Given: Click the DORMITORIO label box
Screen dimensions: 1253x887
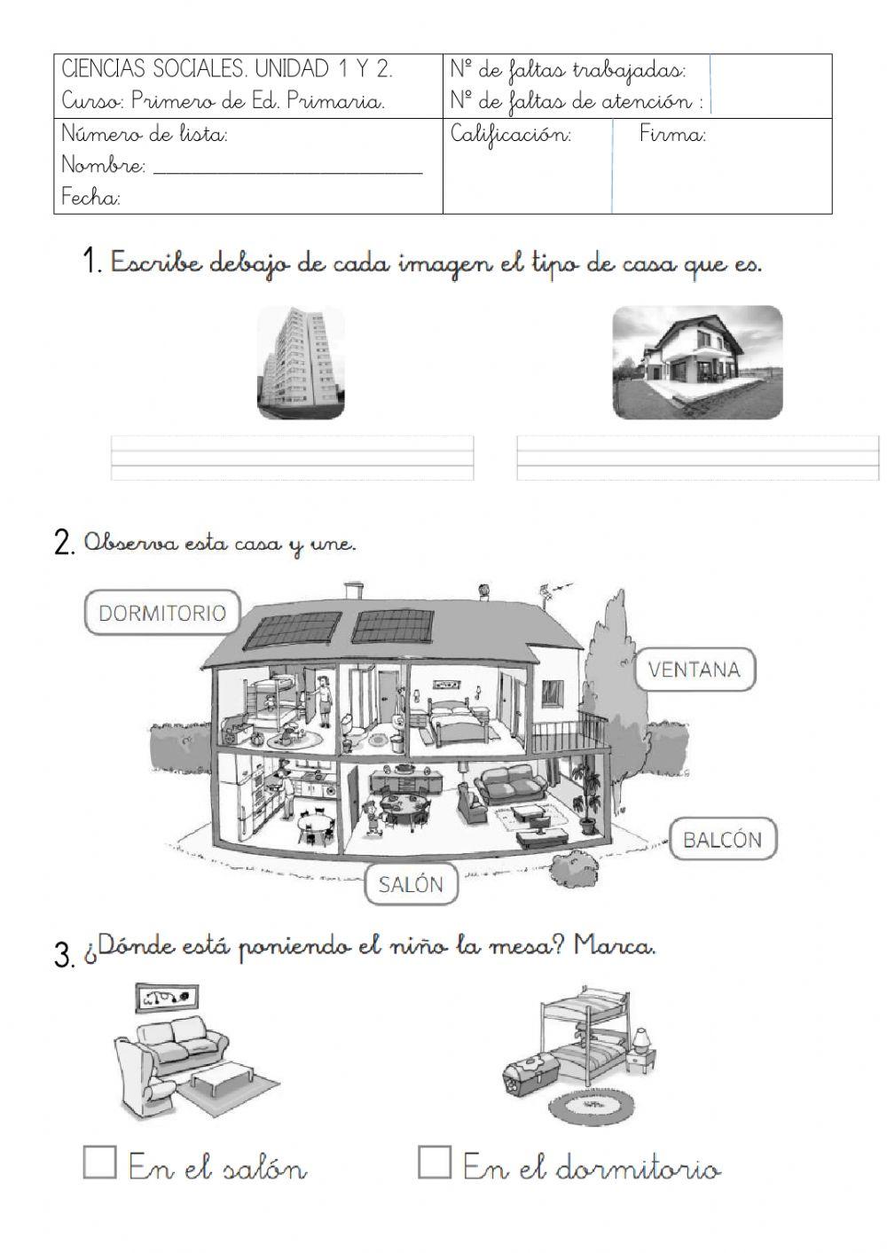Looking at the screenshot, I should [162, 613].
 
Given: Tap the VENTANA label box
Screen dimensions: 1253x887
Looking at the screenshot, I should [695, 669].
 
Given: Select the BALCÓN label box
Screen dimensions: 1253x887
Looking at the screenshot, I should [722, 839].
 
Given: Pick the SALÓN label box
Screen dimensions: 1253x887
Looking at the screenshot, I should [410, 884].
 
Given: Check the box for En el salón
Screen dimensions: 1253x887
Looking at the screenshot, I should [99, 1162].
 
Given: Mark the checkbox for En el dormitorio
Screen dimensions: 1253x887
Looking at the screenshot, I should [435, 1162].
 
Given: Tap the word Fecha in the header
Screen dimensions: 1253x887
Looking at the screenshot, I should [90, 198].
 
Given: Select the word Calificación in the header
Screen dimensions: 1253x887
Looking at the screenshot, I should [511, 135].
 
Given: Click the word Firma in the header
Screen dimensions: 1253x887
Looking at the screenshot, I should [672, 135].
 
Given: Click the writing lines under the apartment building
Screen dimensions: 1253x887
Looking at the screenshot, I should [292, 458].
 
